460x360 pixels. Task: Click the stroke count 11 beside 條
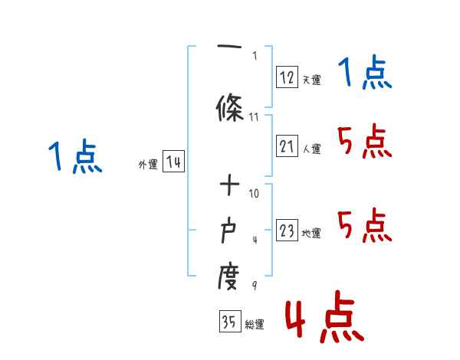click(255, 117)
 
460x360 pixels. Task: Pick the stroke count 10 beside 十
click(255, 193)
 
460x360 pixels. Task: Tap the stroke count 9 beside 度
click(255, 286)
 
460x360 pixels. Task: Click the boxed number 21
click(287, 146)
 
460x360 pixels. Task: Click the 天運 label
click(311, 79)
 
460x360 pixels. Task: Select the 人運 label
click(311, 149)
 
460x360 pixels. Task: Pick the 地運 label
click(311, 234)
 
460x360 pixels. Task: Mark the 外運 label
click(148, 164)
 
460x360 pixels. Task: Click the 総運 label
click(255, 325)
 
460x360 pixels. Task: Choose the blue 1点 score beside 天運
click(365, 74)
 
